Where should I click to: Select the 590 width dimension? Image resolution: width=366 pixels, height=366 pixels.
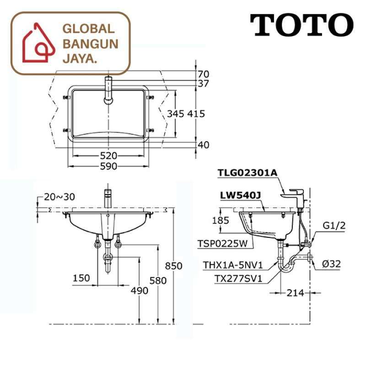pyautogui.click(x=109, y=166)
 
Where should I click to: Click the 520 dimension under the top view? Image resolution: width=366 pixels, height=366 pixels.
pyautogui.click(x=109, y=156)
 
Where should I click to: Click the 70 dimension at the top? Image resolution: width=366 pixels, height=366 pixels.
pyautogui.click(x=204, y=74)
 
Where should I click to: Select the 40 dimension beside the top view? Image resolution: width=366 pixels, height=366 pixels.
pyautogui.click(x=204, y=145)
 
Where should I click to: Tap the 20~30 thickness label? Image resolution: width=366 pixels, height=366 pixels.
pyautogui.click(x=59, y=197)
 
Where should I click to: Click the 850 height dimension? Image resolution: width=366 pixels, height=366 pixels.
pyautogui.click(x=174, y=266)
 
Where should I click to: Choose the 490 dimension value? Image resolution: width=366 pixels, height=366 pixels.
pyautogui.click(x=139, y=291)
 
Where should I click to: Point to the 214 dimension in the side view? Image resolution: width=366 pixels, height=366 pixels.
pyautogui.click(x=296, y=293)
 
